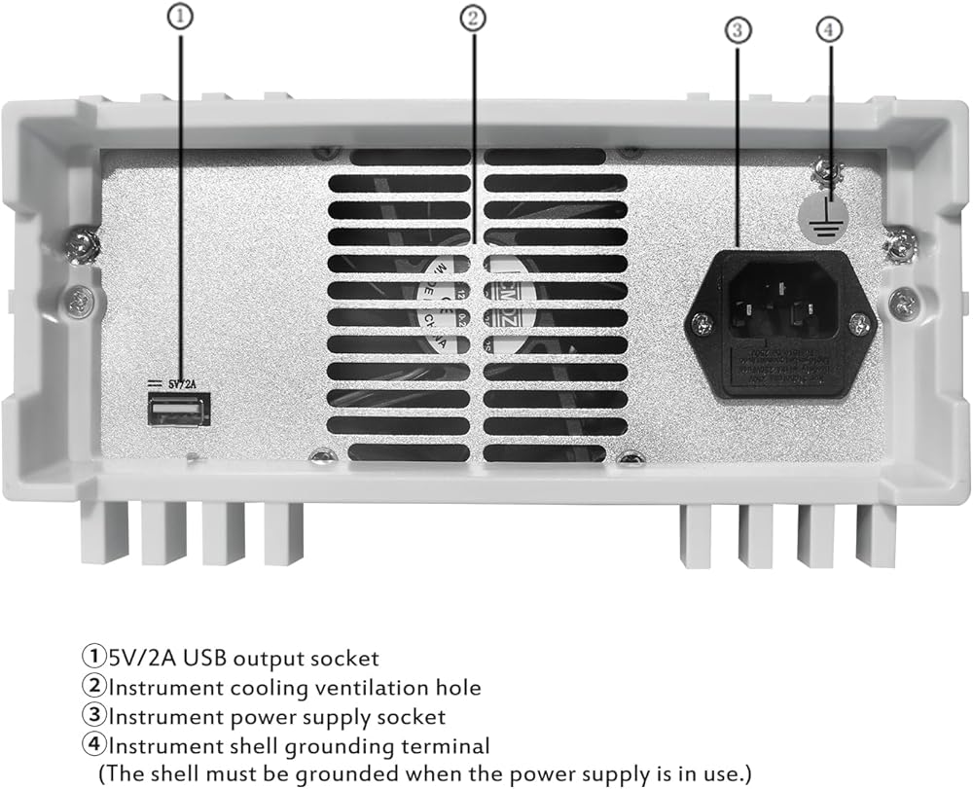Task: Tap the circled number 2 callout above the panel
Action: tap(471, 18)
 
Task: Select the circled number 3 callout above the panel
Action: tap(737, 30)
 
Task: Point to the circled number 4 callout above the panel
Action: tap(828, 29)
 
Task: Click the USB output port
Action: tap(176, 412)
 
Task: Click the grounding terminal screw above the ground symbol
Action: tap(829, 170)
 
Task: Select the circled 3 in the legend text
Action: tap(93, 717)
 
